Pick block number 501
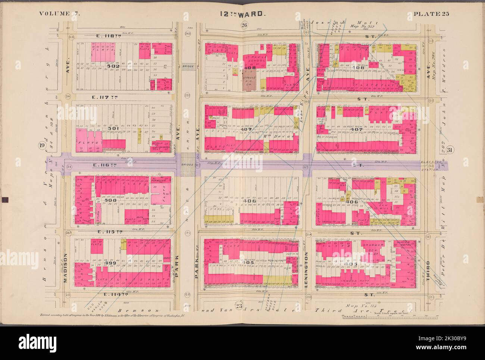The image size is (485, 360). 112,128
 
